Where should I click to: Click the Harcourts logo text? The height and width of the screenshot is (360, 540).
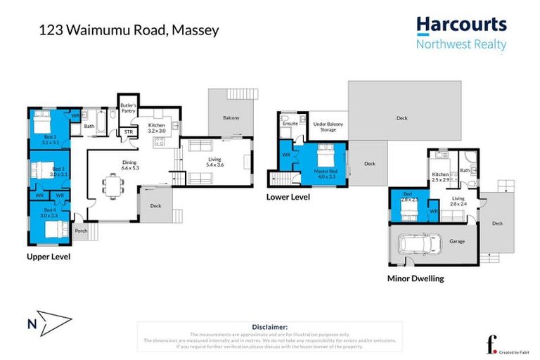pos(461,25)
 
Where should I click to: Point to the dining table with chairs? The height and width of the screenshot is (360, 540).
pos(113,186)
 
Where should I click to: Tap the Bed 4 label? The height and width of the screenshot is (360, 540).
pos(49,213)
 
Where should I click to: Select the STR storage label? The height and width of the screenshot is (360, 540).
pos(129,131)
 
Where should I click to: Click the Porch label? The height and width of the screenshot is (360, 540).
pos(81,230)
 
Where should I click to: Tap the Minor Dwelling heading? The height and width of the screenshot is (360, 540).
pos(416,278)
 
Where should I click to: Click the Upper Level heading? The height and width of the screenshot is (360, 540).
pos(49,257)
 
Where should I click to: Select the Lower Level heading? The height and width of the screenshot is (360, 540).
pos(288,198)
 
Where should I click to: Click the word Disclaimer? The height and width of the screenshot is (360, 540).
pos(269,326)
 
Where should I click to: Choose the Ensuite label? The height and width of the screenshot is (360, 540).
pos(290,124)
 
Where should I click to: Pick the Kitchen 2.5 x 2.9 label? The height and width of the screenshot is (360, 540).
pos(442,176)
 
